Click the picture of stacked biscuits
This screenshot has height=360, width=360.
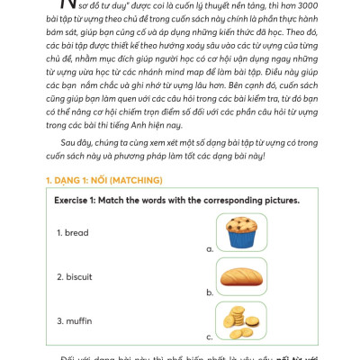pos(241,320)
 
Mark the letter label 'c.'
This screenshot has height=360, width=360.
pos(210,337)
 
